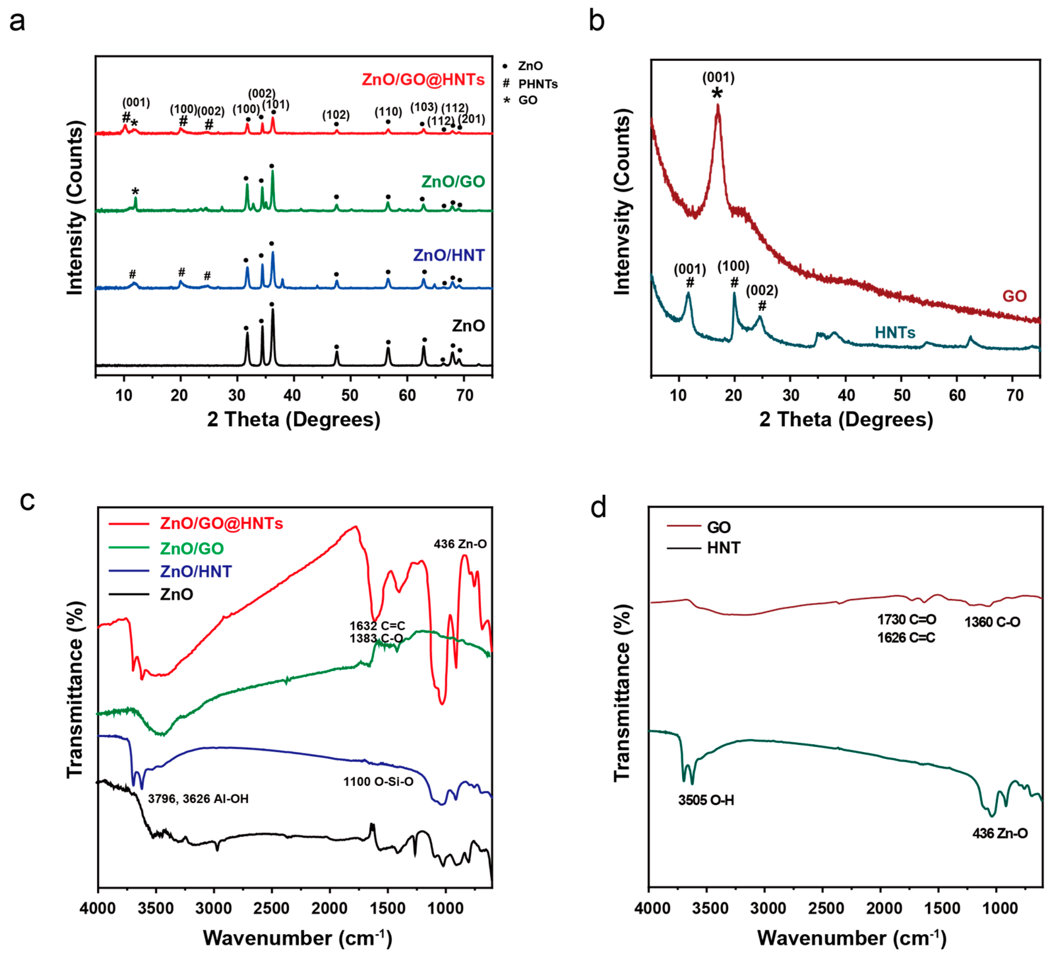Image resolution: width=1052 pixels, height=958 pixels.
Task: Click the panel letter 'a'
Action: pos(17,22)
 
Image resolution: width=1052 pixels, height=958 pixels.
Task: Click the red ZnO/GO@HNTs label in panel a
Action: pos(423,80)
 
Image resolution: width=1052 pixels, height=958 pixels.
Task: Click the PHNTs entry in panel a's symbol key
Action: pos(537,83)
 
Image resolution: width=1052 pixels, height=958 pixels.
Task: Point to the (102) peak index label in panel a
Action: pos(336,114)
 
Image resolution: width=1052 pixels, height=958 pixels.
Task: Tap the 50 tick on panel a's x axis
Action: pos(350,395)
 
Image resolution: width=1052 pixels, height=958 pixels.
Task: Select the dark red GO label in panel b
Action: pos(1014,296)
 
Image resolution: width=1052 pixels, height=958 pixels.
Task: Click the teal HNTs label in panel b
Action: pos(895,333)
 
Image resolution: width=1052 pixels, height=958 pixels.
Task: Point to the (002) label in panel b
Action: pos(762,290)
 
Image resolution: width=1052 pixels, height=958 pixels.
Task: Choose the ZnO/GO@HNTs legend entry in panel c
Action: pos(221,523)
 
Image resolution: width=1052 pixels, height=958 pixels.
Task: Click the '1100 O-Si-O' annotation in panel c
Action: pos(378,782)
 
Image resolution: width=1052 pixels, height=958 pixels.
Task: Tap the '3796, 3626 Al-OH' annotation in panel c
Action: pos(198,799)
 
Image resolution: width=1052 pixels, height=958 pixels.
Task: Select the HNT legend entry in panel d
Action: pos(723,548)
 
